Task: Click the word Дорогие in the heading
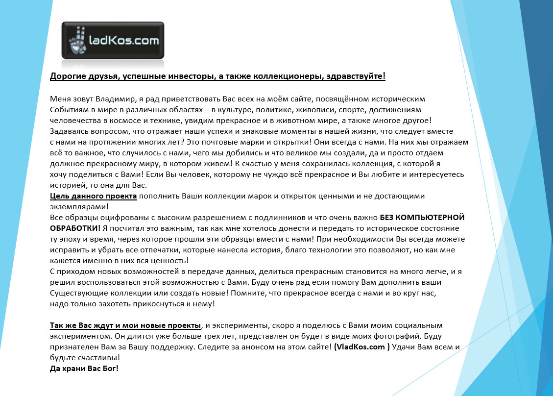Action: coord(67,76)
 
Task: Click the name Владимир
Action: coord(115,99)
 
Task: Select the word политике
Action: coord(273,109)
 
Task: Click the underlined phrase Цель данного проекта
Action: coord(94,196)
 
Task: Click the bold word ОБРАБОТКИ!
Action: coord(75,228)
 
